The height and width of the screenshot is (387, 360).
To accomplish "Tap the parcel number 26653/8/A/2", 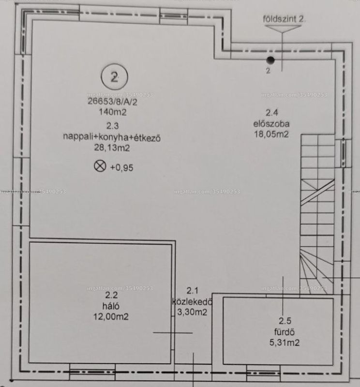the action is [112, 102].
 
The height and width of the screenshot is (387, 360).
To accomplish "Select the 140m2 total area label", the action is [113, 112].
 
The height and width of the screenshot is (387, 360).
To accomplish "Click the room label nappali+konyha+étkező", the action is [112, 137].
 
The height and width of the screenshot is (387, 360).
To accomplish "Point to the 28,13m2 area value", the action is [112, 148].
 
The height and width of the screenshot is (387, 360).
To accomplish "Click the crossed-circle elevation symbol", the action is [100, 166].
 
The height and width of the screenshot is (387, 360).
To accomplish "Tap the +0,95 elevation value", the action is [121, 168].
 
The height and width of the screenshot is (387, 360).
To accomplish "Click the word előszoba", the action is [271, 124].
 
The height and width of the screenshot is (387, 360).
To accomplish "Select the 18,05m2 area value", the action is [271, 134].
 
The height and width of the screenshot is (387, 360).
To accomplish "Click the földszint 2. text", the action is [284, 19].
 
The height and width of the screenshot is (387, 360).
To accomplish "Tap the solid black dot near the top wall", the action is [270, 60].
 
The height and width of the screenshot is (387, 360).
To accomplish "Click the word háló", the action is [111, 306].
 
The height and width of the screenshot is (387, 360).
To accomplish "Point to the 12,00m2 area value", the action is [111, 317].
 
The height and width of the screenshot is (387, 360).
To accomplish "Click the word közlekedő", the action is [192, 301].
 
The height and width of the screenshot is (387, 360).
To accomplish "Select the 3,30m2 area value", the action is [192, 312].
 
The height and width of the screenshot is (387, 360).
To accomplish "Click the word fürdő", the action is [285, 332].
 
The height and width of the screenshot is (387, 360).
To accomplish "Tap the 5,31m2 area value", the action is [285, 342].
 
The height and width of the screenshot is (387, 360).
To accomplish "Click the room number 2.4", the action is [271, 113].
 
